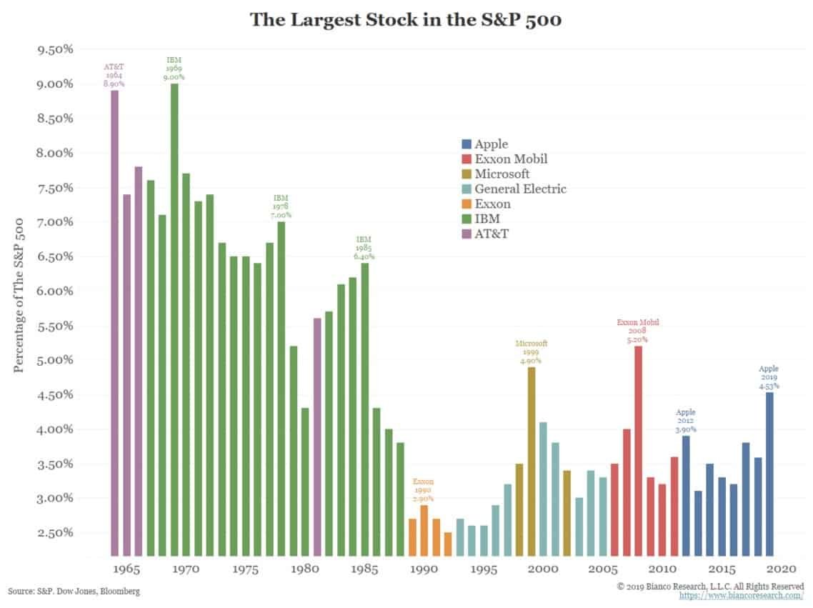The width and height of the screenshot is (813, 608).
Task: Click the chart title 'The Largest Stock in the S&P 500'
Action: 406,19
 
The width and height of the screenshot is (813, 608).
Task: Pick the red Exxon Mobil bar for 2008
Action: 638,450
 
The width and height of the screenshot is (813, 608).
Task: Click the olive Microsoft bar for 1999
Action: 531,461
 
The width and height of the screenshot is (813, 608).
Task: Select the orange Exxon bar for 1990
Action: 424,529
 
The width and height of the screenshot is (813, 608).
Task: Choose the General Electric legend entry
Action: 520,189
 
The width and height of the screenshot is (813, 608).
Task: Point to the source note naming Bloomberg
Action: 74,592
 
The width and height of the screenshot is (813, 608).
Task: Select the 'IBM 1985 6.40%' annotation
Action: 364,248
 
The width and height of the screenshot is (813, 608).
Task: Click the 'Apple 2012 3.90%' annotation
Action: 686,421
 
